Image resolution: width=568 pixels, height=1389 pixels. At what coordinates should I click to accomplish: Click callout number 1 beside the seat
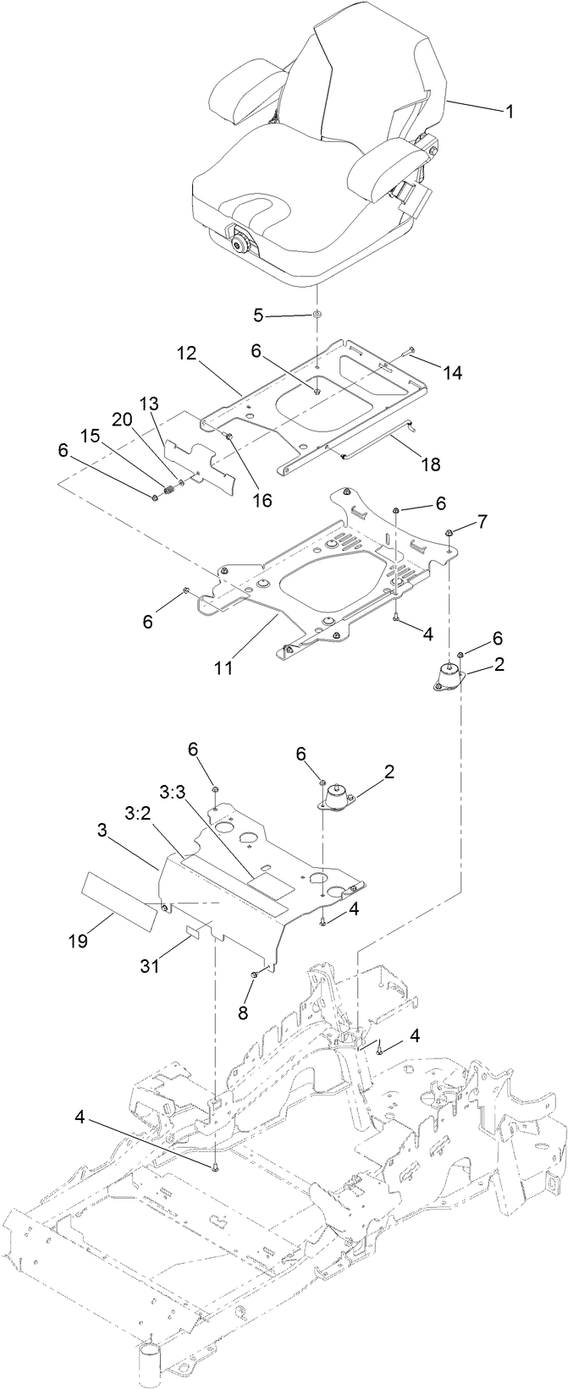(509, 111)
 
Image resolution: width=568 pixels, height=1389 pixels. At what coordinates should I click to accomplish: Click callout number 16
(261, 500)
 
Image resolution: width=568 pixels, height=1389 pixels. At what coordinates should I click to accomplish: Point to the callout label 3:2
(137, 814)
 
